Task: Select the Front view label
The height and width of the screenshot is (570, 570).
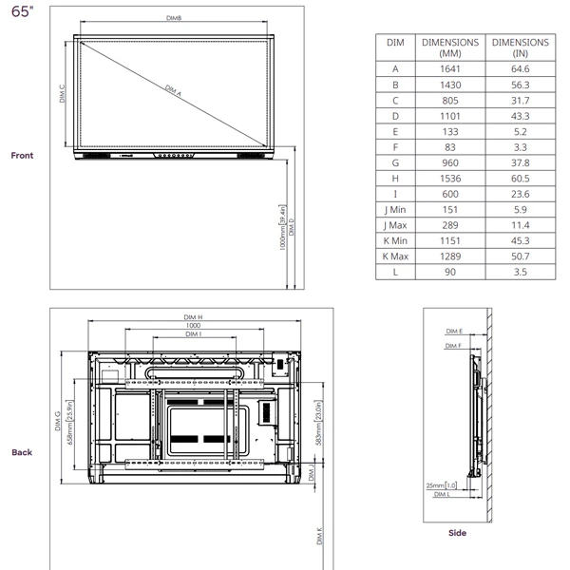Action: pyautogui.click(x=22, y=155)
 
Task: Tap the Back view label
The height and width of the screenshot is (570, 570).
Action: pyautogui.click(x=22, y=452)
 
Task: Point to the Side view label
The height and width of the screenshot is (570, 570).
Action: pyautogui.click(x=457, y=533)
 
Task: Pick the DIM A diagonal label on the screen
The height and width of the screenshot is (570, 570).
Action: pyautogui.click(x=173, y=91)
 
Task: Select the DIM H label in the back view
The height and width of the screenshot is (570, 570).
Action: pyautogui.click(x=193, y=317)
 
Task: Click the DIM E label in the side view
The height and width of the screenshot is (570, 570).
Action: pyautogui.click(x=454, y=332)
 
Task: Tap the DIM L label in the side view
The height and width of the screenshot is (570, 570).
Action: pyautogui.click(x=440, y=495)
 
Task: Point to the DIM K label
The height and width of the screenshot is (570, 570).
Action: pyautogui.click(x=319, y=538)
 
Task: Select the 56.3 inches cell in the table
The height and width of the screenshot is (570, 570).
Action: pyautogui.click(x=520, y=85)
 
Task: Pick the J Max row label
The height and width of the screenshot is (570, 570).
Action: pyautogui.click(x=395, y=225)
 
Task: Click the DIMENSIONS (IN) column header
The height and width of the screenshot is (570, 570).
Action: pyautogui.click(x=520, y=47)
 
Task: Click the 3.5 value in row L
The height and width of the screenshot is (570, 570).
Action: pyautogui.click(x=520, y=272)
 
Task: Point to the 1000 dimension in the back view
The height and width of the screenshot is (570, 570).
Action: pyautogui.click(x=193, y=326)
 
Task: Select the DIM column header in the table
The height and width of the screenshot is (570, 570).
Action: pyautogui.click(x=395, y=43)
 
